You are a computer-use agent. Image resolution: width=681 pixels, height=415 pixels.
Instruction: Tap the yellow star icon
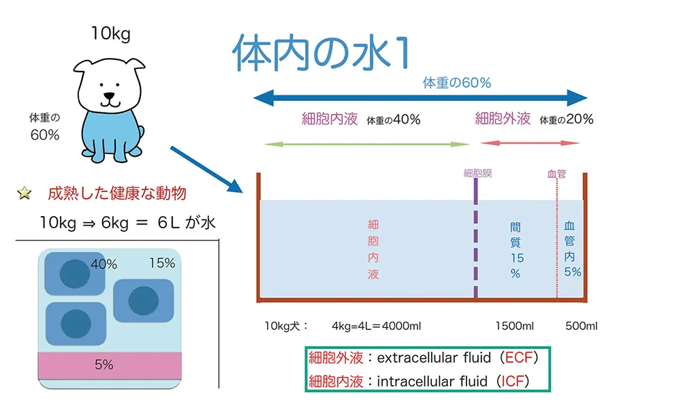pos(25,194)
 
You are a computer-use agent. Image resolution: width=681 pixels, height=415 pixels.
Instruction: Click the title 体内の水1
pos(321,54)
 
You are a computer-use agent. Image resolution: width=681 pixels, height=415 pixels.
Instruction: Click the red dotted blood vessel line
pos(557,239)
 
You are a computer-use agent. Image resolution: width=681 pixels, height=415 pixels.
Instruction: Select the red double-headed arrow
pos(530,143)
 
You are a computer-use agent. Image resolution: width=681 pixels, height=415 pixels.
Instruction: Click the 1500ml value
pos(514,326)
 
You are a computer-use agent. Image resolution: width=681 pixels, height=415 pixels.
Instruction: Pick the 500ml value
pos(581,326)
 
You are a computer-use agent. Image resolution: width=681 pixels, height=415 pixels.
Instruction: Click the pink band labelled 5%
pos(109,365)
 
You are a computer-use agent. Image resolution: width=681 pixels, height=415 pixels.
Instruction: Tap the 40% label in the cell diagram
pos(104,264)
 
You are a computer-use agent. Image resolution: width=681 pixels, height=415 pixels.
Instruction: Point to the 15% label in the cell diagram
pos(161,263)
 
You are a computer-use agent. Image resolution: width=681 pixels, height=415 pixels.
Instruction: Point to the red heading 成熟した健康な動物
pos(116,194)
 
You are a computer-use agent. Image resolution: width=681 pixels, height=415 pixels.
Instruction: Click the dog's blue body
pos(109,133)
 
